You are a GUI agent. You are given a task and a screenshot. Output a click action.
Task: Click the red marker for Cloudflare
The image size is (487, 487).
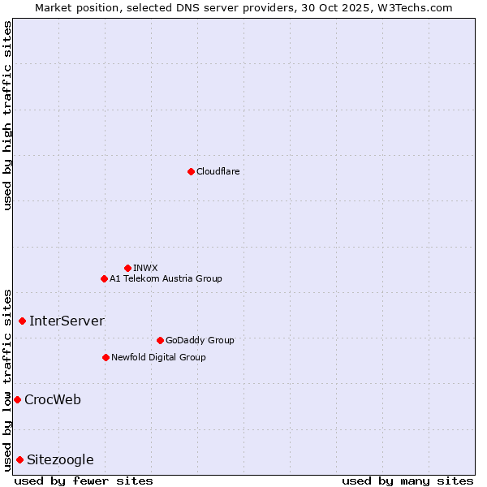click(x=191, y=171)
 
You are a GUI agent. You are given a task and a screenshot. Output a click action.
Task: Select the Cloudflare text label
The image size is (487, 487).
click(x=218, y=171)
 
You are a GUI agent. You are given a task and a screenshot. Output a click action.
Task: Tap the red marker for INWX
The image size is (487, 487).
click(x=127, y=268)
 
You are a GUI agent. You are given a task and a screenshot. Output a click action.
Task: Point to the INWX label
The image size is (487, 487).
click(x=145, y=268)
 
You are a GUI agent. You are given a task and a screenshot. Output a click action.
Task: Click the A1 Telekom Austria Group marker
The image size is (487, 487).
click(x=104, y=278)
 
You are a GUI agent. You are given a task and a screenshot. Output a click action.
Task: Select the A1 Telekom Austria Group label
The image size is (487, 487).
click(x=166, y=278)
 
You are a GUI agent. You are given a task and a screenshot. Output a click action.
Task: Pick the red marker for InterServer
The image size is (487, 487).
click(x=22, y=321)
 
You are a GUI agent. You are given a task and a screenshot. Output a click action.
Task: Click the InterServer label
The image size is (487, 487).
click(x=67, y=321)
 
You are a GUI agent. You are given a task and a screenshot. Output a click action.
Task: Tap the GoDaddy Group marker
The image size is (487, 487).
click(x=160, y=340)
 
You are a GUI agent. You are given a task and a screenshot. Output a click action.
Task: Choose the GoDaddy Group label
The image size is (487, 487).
click(x=200, y=340)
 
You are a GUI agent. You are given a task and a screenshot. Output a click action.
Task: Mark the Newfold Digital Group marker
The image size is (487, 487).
click(x=106, y=357)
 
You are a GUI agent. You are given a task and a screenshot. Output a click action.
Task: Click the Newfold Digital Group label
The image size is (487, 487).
click(x=158, y=357)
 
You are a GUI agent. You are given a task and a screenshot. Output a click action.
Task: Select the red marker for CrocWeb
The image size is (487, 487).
click(x=17, y=399)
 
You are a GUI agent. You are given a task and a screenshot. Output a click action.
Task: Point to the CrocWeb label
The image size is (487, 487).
click(x=53, y=399)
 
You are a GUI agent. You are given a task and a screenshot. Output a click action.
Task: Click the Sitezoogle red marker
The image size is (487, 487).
click(x=19, y=459)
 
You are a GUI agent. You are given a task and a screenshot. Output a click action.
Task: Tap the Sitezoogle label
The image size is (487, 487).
click(x=60, y=459)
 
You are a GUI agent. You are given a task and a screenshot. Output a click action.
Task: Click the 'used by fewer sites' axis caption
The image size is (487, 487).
click(x=84, y=481)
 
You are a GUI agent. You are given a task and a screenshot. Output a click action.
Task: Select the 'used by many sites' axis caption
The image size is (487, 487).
click(x=407, y=481)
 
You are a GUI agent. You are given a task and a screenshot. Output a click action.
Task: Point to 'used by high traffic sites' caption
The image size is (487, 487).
click(x=7, y=115)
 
